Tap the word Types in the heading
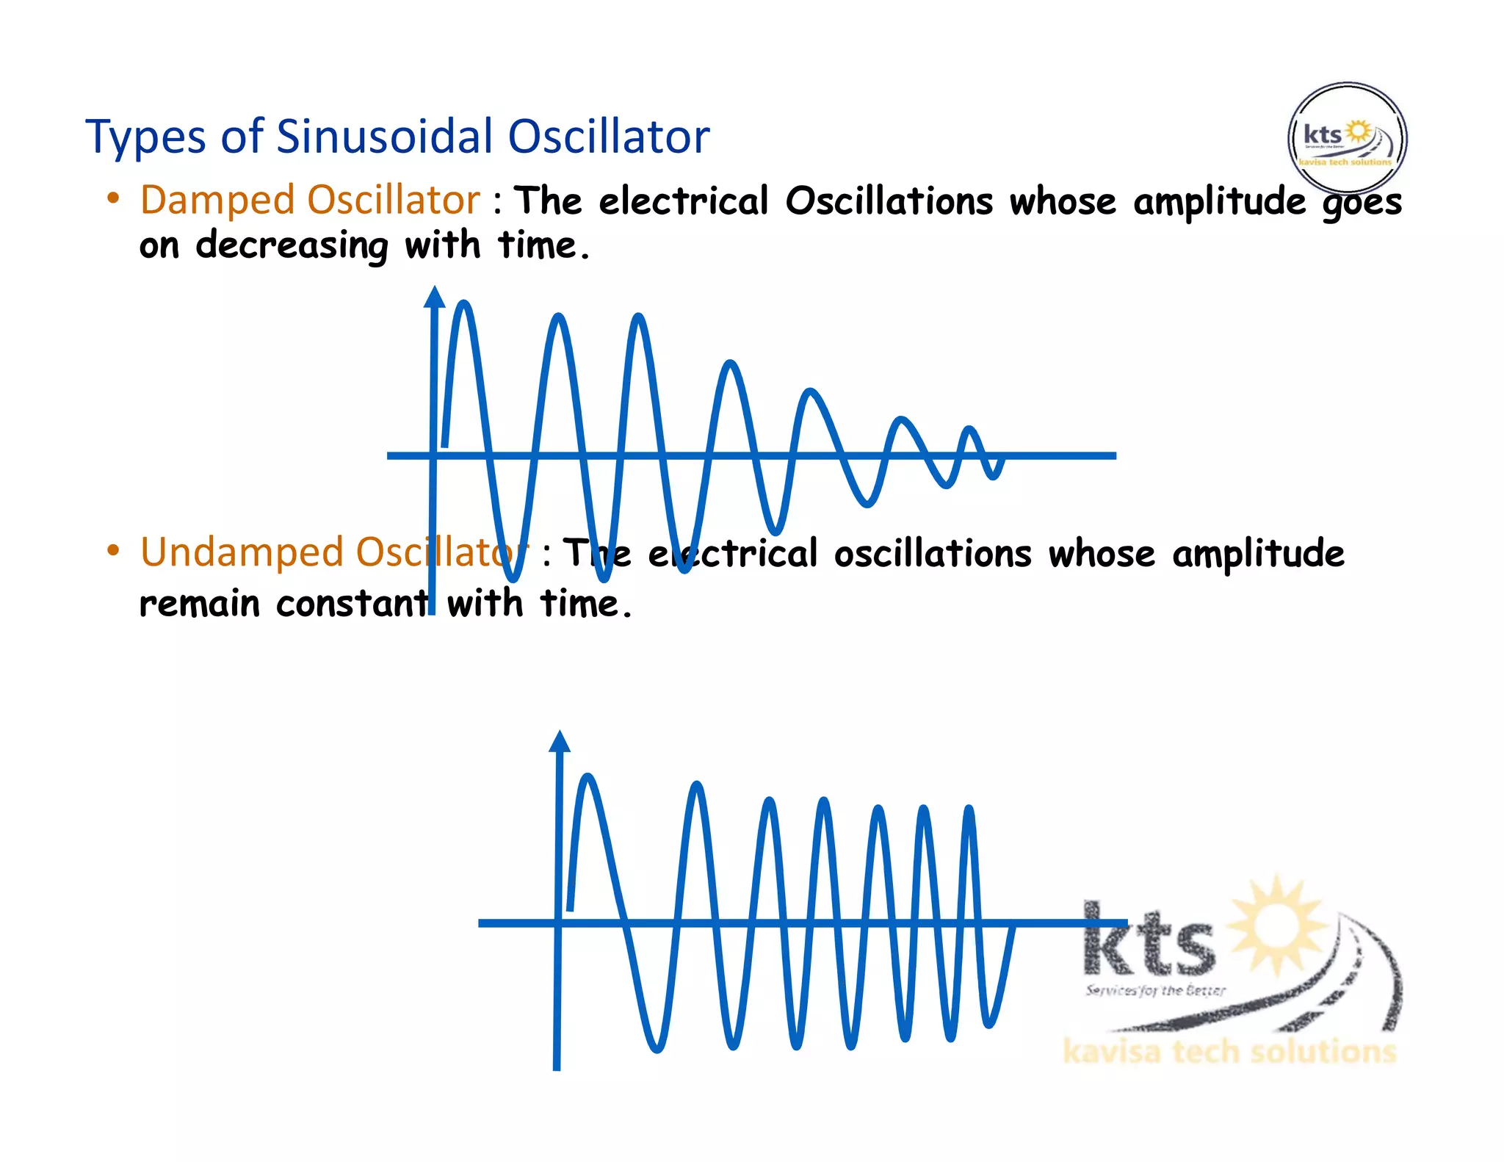[x=146, y=138]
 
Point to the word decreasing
[x=292, y=246]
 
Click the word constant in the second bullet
[x=352, y=605]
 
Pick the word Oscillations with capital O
[x=889, y=201]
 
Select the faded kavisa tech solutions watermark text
[x=1229, y=1052]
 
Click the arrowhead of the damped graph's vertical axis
[x=435, y=297]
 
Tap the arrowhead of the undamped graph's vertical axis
[x=560, y=741]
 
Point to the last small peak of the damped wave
[x=969, y=429]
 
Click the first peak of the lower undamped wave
[x=587, y=777]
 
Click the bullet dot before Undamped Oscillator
[x=113, y=551]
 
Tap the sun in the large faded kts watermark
[x=1277, y=923]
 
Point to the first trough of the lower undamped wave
[x=657, y=1049]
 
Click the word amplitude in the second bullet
[x=1258, y=554]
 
